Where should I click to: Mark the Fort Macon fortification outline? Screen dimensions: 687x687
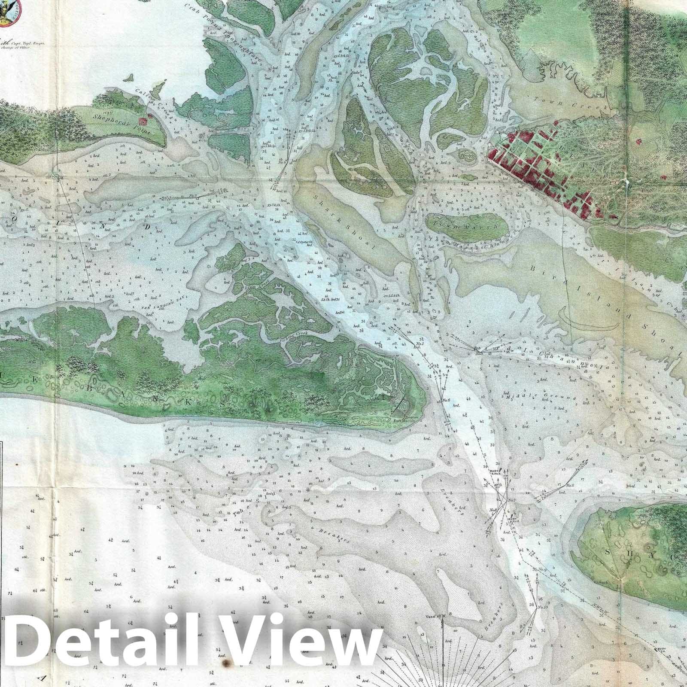click(404, 405)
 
